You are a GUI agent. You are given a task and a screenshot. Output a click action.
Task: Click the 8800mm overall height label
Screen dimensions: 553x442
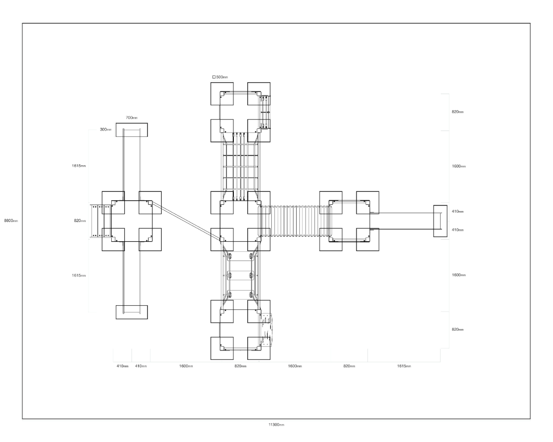tap(11, 221)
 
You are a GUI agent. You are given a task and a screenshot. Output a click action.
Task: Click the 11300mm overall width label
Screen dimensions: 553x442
tap(276, 425)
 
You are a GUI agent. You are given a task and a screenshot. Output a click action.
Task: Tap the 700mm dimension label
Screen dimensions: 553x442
tap(131, 118)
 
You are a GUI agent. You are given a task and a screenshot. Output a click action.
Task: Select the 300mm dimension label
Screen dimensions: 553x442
tap(106, 129)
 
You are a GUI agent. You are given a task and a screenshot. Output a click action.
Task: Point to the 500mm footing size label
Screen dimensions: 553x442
tap(222, 77)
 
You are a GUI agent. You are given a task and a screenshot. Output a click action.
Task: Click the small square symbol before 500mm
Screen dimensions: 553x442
tap(214, 77)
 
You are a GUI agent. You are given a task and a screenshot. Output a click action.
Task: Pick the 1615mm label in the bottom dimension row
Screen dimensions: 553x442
tap(404, 366)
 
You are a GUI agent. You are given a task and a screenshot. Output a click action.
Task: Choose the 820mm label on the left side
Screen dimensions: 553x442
tap(80, 221)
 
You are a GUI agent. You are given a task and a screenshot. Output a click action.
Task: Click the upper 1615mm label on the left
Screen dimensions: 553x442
tap(78, 166)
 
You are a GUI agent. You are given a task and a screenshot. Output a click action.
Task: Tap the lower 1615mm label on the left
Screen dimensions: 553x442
tap(78, 276)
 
